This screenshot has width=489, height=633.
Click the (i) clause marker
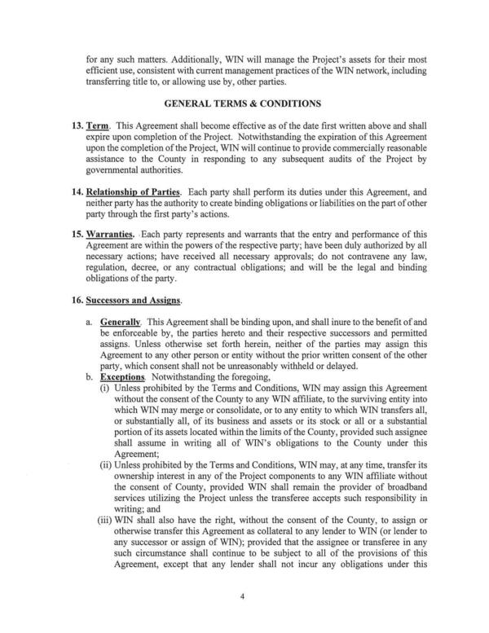pos(106,389)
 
